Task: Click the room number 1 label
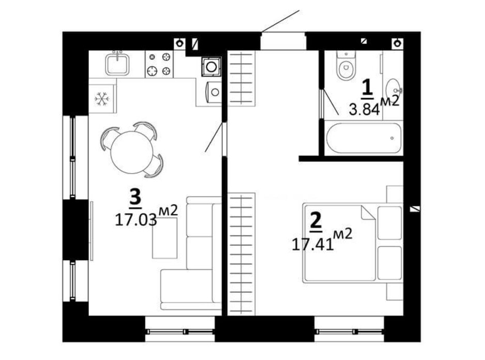point(367,88)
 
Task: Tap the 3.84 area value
point(364,109)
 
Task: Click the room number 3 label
point(135,198)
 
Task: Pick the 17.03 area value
point(136,220)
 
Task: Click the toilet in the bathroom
point(346,67)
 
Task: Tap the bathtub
point(363,138)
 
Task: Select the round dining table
point(132,152)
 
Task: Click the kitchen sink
point(117,64)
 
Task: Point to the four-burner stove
point(159,64)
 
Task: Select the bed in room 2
point(353,243)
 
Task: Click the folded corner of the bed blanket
point(368,213)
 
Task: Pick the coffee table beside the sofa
point(164,238)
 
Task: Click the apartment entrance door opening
point(283,41)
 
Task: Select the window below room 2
point(350,332)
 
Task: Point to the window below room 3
point(180,332)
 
